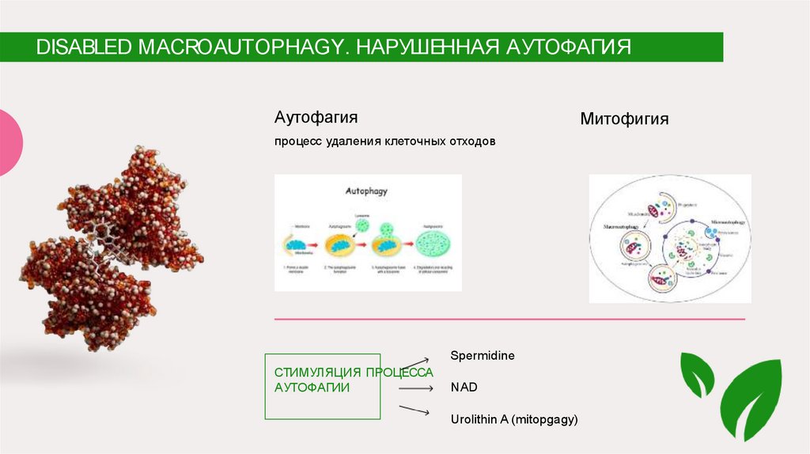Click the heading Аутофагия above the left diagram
(x=316, y=117)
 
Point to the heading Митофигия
(x=624, y=119)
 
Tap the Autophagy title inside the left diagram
(x=366, y=191)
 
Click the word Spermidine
(x=483, y=356)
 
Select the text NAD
(x=464, y=388)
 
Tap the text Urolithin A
(x=480, y=419)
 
